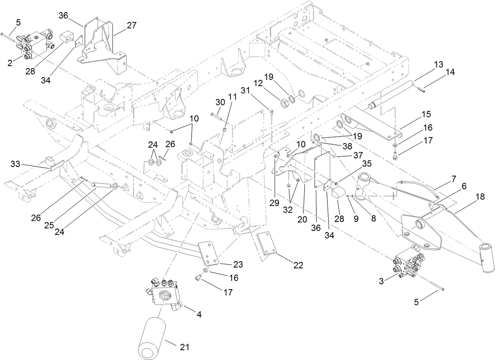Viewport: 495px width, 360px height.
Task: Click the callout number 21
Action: [185, 347]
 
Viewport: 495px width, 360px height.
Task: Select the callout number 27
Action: [131, 25]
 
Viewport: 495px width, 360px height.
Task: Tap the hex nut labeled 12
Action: [284, 103]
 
